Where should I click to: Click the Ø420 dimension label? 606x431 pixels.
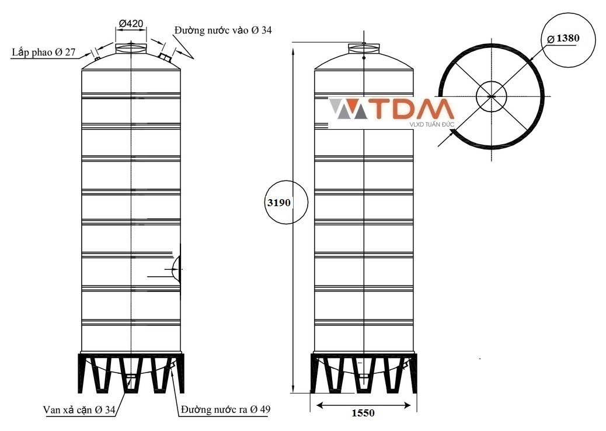131,23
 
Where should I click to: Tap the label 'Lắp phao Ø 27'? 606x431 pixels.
43,52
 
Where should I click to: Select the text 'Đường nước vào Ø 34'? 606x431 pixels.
223,30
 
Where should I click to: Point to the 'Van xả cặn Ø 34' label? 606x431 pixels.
79,410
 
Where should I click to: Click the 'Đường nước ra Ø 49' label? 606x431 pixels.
226,409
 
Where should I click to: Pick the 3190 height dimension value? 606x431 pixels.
278,203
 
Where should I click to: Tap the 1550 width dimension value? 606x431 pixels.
363,413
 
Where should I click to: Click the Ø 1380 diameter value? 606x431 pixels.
563,39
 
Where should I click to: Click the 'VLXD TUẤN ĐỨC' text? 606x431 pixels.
431,124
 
